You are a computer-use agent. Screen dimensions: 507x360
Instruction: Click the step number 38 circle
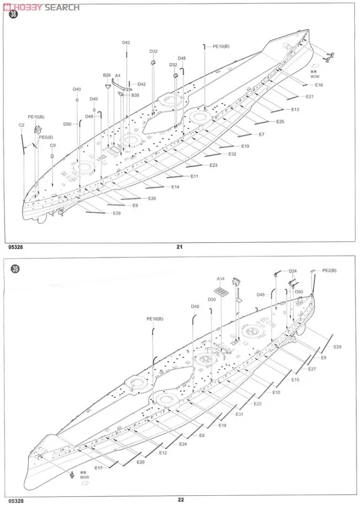(14, 15)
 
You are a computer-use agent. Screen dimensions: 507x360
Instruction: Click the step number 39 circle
(14, 269)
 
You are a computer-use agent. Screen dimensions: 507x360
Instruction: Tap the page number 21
(180, 246)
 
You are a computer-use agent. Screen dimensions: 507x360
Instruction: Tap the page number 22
(181, 500)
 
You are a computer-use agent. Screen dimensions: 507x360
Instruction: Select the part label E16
(318, 85)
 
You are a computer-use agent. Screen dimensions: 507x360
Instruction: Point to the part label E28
(116, 213)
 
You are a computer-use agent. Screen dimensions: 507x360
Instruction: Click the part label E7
(262, 134)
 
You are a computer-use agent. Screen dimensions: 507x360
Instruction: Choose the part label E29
(337, 347)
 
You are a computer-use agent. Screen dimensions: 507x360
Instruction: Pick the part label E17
(98, 468)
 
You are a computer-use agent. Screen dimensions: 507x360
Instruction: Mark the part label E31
(239, 414)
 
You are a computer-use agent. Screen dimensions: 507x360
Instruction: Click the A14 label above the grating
(220, 279)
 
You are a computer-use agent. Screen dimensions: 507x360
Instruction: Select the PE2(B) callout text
(329, 271)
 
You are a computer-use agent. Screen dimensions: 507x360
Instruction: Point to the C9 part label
(53, 146)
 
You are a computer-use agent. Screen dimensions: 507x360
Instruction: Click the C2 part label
(21, 125)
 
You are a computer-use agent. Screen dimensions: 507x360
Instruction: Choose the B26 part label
(107, 75)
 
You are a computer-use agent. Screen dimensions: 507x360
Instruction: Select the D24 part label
(292, 271)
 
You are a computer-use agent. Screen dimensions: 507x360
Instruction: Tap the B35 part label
(135, 96)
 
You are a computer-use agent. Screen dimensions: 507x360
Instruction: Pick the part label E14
(175, 187)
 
